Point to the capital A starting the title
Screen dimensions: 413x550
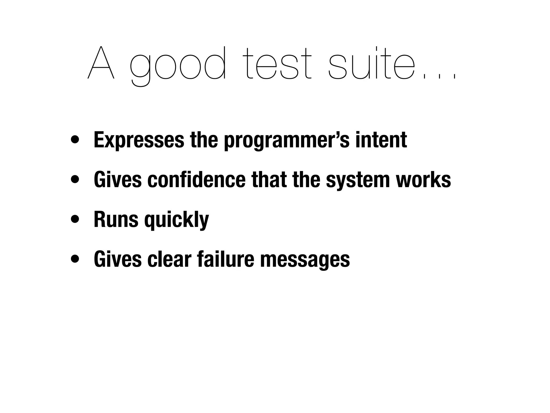pyautogui.click(x=101, y=63)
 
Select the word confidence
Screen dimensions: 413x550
pyautogui.click(x=197, y=180)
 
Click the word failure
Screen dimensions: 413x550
pyautogui.click(x=225, y=259)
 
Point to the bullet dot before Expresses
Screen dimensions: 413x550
pyautogui.click(x=75, y=140)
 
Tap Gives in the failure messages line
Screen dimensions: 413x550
pyautogui.click(x=118, y=259)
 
